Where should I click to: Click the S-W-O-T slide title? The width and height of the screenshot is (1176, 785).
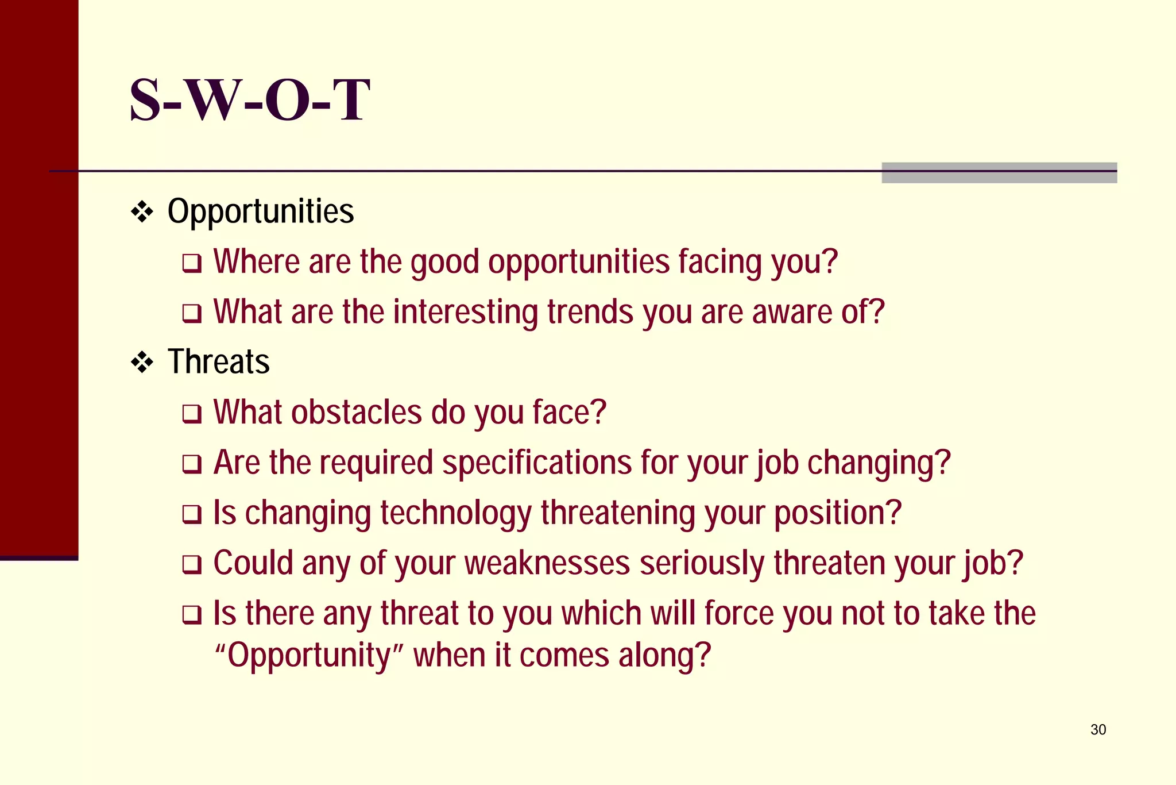point(250,100)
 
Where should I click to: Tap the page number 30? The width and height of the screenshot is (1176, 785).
point(1098,729)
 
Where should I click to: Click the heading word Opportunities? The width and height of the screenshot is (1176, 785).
point(261,211)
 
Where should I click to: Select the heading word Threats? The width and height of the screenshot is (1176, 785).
point(218,362)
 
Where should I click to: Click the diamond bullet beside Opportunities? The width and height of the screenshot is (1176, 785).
point(142,213)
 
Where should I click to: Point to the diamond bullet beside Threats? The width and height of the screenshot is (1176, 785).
point(142,363)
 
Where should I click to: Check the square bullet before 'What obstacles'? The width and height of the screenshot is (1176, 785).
point(192,414)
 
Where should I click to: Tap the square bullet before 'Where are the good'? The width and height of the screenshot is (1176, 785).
point(192,263)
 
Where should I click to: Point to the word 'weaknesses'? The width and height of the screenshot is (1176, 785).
point(547,563)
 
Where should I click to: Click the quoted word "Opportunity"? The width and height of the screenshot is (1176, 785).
point(310,655)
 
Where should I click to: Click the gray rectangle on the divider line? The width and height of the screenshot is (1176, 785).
point(999,172)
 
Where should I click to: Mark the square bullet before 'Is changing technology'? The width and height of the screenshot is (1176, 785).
point(192,514)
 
